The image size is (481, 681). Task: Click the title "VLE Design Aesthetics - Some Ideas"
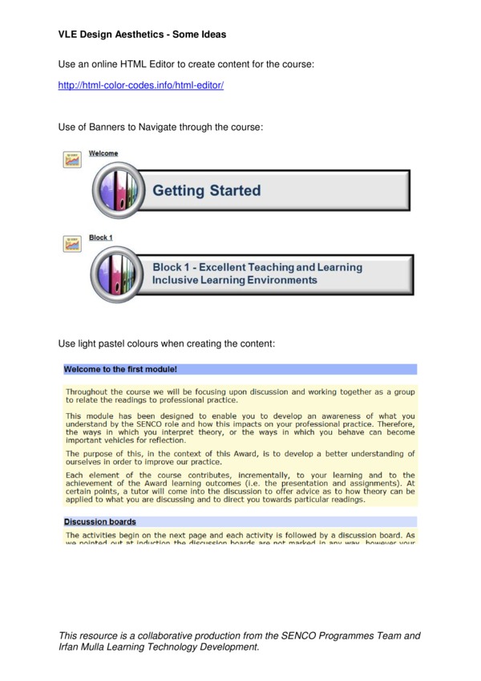point(142,34)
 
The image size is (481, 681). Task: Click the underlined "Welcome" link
point(103,153)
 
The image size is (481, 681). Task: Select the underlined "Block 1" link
point(101,237)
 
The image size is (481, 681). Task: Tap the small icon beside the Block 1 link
point(72,243)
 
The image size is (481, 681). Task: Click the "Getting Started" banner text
point(207,191)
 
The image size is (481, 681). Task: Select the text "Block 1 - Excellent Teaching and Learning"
point(257,267)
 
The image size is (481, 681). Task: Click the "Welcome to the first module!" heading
point(120,370)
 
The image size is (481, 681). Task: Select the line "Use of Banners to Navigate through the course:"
point(161,128)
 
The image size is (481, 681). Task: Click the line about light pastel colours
point(167,343)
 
